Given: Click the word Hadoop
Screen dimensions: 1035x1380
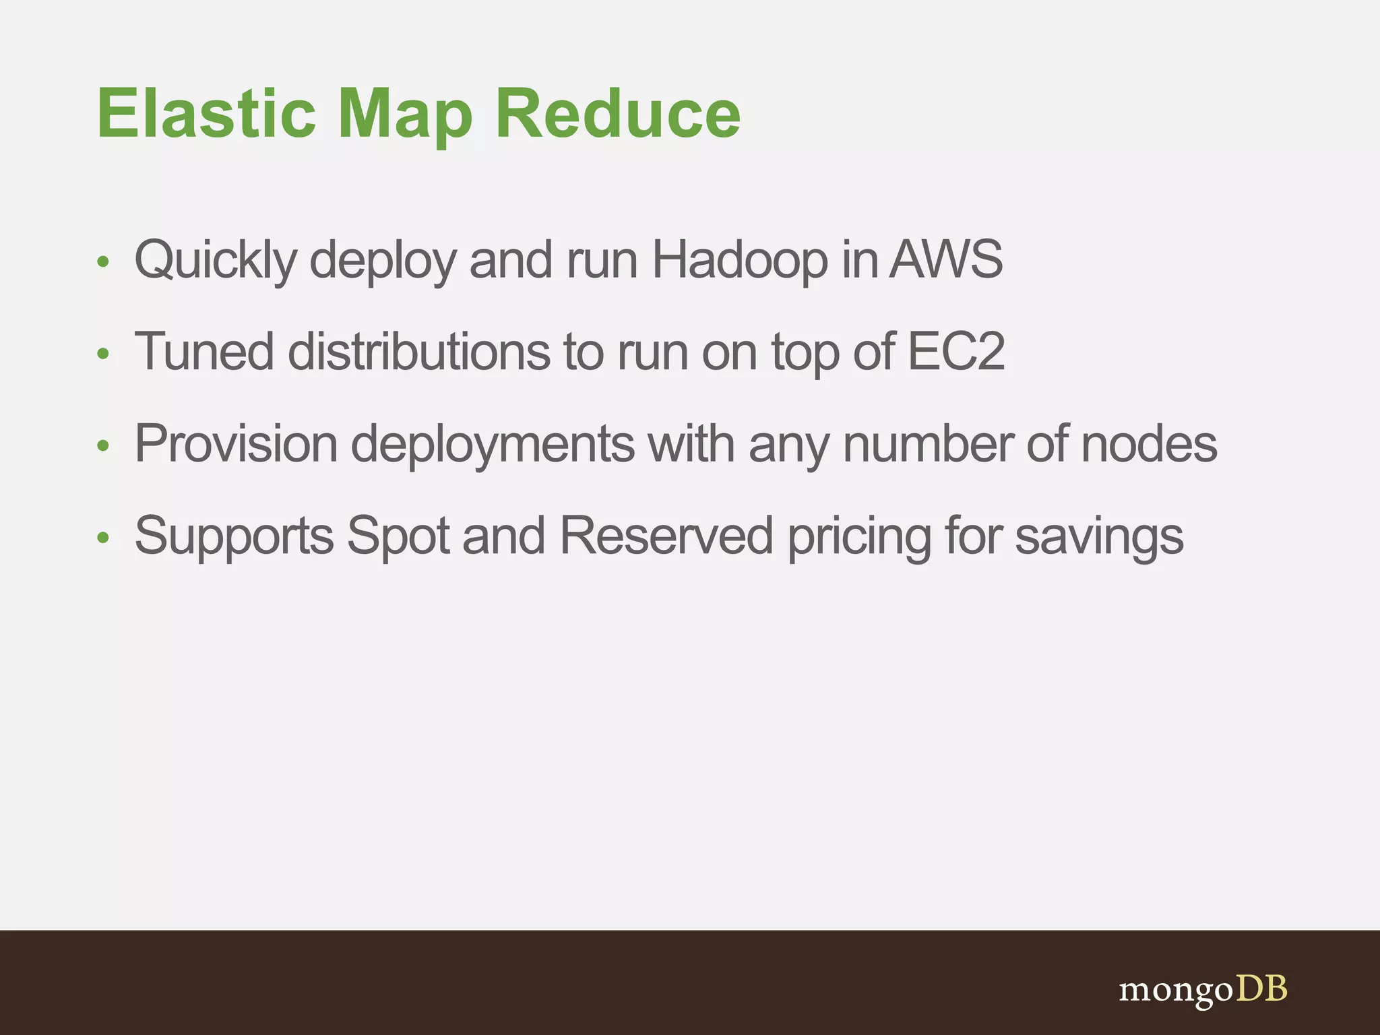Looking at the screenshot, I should pos(739,260).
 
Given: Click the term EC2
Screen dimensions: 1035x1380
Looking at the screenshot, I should pos(956,351).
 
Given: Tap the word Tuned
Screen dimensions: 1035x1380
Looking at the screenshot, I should pos(204,351).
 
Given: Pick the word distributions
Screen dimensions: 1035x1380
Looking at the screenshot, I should pos(418,351).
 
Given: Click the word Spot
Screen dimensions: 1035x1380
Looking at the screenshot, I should pos(398,536).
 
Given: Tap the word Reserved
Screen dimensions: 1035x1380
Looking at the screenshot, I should pos(666,536).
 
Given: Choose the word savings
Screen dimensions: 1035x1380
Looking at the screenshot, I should pos(1099,537).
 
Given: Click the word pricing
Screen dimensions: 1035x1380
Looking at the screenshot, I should pos(859,537).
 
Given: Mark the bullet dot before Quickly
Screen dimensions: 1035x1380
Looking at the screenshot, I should pos(102,261).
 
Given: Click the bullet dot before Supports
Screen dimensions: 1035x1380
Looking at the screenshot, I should pos(102,537).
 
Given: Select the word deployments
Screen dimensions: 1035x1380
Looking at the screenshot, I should pos(493,445).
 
